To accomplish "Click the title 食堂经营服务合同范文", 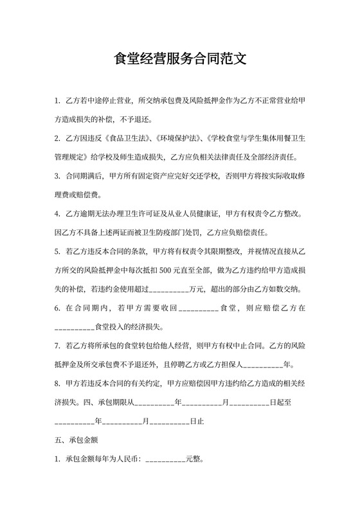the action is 180,60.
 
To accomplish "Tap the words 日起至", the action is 282,403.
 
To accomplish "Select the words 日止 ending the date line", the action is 197,422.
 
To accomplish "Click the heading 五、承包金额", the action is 76,442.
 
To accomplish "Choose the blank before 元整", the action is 165,460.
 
